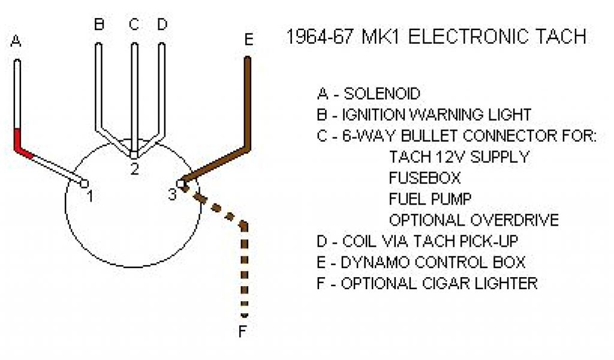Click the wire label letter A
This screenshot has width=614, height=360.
[x=16, y=41]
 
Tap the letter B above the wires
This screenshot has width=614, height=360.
[x=99, y=25]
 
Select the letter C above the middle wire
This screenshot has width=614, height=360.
[x=134, y=25]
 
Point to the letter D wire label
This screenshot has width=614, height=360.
[x=162, y=25]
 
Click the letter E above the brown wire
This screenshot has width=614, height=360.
[x=248, y=40]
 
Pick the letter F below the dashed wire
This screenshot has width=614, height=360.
[x=243, y=332]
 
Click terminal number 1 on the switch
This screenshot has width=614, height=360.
[x=89, y=196]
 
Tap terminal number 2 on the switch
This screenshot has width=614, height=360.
[x=134, y=169]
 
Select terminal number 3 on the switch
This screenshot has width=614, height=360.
[x=172, y=194]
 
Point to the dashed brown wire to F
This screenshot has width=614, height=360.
[x=244, y=270]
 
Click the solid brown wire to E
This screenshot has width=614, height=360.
[x=246, y=102]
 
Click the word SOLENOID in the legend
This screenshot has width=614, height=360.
[x=382, y=94]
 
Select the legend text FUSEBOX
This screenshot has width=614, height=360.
[x=425, y=178]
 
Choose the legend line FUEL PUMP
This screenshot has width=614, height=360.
[x=430, y=199]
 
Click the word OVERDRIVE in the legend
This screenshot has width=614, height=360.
[x=515, y=220]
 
